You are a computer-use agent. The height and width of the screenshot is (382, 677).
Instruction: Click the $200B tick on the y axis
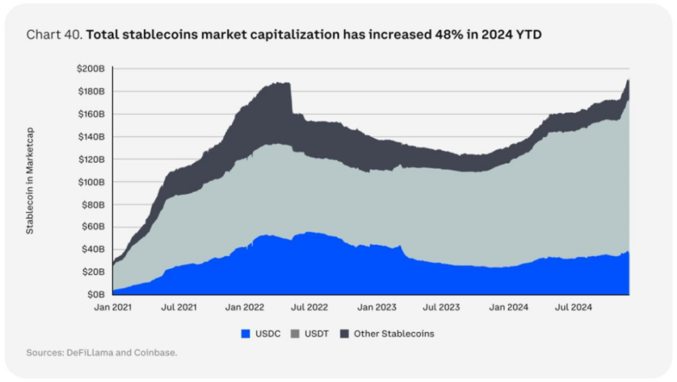[x=91, y=69]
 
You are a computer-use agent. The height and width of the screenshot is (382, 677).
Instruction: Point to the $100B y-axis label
[x=91, y=182]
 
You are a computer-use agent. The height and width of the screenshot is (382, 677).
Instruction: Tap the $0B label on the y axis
[x=95, y=294]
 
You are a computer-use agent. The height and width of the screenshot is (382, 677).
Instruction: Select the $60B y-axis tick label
[x=93, y=227]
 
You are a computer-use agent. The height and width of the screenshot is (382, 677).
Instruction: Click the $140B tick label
[x=91, y=136]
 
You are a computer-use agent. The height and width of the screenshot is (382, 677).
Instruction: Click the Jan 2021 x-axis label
[x=113, y=307]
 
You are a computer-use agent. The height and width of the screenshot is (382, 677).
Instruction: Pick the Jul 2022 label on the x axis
[x=309, y=307]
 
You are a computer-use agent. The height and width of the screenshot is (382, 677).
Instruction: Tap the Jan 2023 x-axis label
[x=375, y=307]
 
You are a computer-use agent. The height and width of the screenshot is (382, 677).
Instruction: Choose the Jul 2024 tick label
[x=572, y=307]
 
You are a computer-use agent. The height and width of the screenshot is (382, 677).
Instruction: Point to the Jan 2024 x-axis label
[x=507, y=307]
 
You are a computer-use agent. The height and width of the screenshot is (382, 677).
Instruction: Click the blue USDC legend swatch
[x=244, y=334]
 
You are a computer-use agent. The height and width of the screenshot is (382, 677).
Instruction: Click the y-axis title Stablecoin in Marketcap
[x=30, y=180]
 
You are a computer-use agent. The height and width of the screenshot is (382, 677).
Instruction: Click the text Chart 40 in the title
[x=53, y=35]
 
